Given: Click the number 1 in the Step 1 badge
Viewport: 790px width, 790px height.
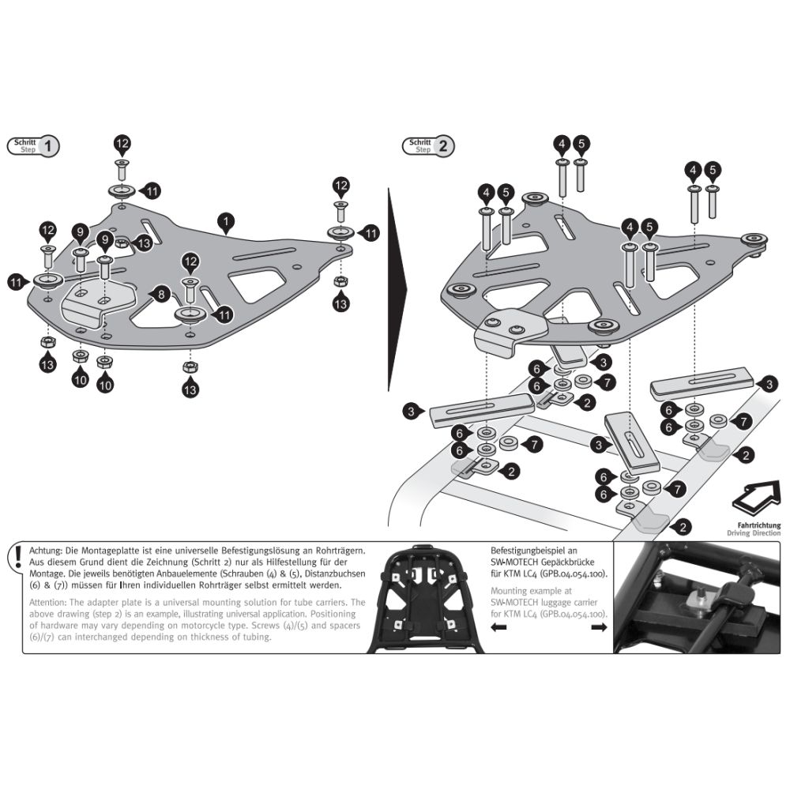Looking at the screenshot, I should tap(48, 145).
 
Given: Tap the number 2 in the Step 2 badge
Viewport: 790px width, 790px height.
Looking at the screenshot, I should tap(443, 145).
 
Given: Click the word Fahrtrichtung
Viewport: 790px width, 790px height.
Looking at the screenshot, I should tap(754, 525).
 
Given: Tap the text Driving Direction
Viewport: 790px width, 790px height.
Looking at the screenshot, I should tap(754, 533).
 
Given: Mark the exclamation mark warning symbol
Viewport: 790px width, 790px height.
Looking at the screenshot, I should tap(15, 557).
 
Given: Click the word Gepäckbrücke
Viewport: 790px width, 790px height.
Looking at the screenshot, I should tap(573, 561).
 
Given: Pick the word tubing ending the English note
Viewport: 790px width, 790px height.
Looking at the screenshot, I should tap(252, 638).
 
